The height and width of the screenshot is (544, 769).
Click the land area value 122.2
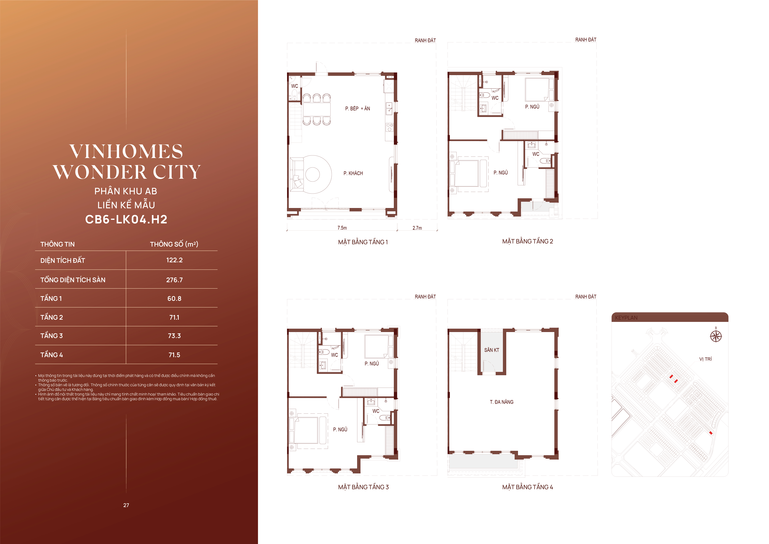pyautogui.click(x=174, y=260)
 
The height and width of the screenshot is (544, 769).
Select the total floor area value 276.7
pyautogui.click(x=174, y=280)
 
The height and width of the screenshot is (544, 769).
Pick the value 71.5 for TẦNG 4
pyautogui.click(x=174, y=355)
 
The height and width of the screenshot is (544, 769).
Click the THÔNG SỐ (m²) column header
pyautogui.click(x=174, y=244)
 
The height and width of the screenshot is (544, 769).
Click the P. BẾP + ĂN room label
pyautogui.click(x=358, y=109)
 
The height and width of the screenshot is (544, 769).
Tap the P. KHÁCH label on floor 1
pyautogui.click(x=353, y=173)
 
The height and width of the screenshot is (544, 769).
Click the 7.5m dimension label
pyautogui.click(x=342, y=228)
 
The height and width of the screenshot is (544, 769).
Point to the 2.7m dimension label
pyautogui.click(x=417, y=228)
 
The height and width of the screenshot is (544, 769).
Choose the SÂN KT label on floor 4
pyautogui.click(x=492, y=350)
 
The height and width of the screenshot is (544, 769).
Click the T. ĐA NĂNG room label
pyautogui.click(x=502, y=402)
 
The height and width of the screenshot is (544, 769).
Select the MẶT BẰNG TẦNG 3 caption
pyautogui.click(x=363, y=487)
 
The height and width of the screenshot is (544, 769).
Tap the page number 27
pyautogui.click(x=126, y=505)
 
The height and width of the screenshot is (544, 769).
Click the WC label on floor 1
pyautogui.click(x=294, y=86)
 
